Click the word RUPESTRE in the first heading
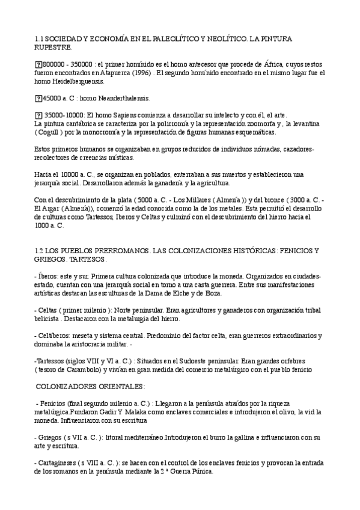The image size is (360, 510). (53, 47)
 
